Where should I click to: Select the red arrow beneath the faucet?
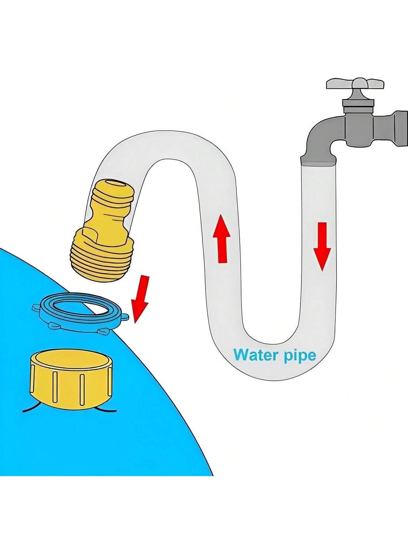coord(322,247)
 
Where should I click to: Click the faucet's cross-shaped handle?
coord(355,84)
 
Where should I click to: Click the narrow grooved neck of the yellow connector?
coord(110,215)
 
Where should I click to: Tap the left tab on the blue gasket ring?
coord(36,308)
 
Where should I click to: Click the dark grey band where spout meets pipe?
coord(319,161)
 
